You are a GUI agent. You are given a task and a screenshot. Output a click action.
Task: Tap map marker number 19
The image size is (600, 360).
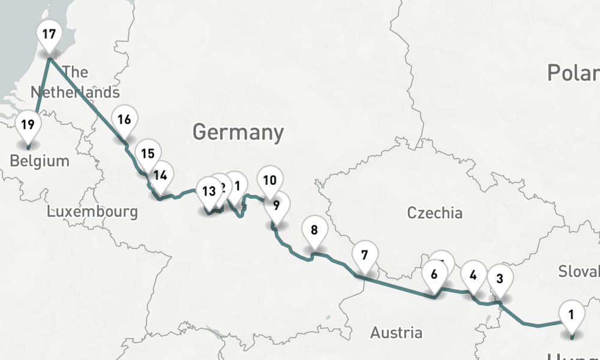click(28, 125)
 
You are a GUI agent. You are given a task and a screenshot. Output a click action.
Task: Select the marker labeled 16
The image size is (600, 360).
click(124, 119)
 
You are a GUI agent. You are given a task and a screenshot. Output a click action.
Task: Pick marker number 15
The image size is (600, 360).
click(148, 153)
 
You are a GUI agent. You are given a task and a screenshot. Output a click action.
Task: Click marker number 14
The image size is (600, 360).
click(160, 175)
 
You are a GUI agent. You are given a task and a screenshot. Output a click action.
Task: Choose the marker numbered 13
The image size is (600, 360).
click(208, 191)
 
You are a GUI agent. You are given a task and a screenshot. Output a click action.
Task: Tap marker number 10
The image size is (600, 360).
click(270, 179)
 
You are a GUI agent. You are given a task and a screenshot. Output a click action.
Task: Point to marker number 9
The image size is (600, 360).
click(276, 205)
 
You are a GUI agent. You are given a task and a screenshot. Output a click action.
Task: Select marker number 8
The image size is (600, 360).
click(314, 229)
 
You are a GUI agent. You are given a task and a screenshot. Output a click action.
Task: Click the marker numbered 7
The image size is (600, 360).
click(364, 254)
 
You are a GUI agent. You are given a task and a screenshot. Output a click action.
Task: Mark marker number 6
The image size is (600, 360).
click(434, 274)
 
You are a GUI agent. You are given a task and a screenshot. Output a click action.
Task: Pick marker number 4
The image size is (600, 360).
click(473, 275)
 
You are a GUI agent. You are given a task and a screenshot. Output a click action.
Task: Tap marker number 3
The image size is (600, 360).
click(500, 277)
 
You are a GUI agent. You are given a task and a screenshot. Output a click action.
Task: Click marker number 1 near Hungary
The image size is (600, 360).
click(571, 313)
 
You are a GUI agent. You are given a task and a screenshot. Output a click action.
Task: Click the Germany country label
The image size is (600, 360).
click(238, 131)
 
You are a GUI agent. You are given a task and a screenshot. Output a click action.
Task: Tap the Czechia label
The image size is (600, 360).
click(435, 212)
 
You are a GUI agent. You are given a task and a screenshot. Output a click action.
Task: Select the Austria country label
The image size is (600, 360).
click(396, 332)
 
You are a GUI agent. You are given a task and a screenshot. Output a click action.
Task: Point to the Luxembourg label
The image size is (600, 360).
click(92, 211)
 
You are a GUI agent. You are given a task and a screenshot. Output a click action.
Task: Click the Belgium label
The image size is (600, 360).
click(40, 161)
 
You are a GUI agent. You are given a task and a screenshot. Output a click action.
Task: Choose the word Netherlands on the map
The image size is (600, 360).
click(75, 92)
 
